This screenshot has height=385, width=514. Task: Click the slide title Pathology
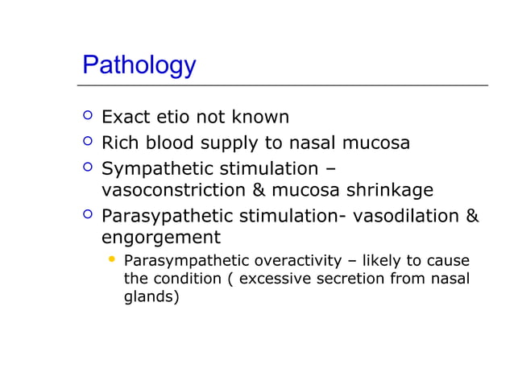pyautogui.click(x=139, y=65)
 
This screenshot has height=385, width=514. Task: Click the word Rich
pyautogui.click(x=120, y=143)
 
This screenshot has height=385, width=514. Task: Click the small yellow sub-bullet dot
pyautogui.click(x=112, y=259)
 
